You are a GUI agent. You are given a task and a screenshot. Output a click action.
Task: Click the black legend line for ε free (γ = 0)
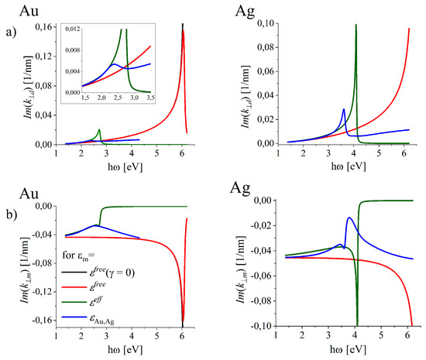pos(70,279)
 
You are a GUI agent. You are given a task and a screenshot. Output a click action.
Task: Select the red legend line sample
pos(70,293)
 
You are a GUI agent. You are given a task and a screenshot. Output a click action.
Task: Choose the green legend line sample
pos(70,306)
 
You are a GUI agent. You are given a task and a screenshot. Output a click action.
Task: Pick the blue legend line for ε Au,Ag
pos(70,319)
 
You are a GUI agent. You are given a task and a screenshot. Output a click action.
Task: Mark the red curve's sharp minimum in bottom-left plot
pos(183,324)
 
